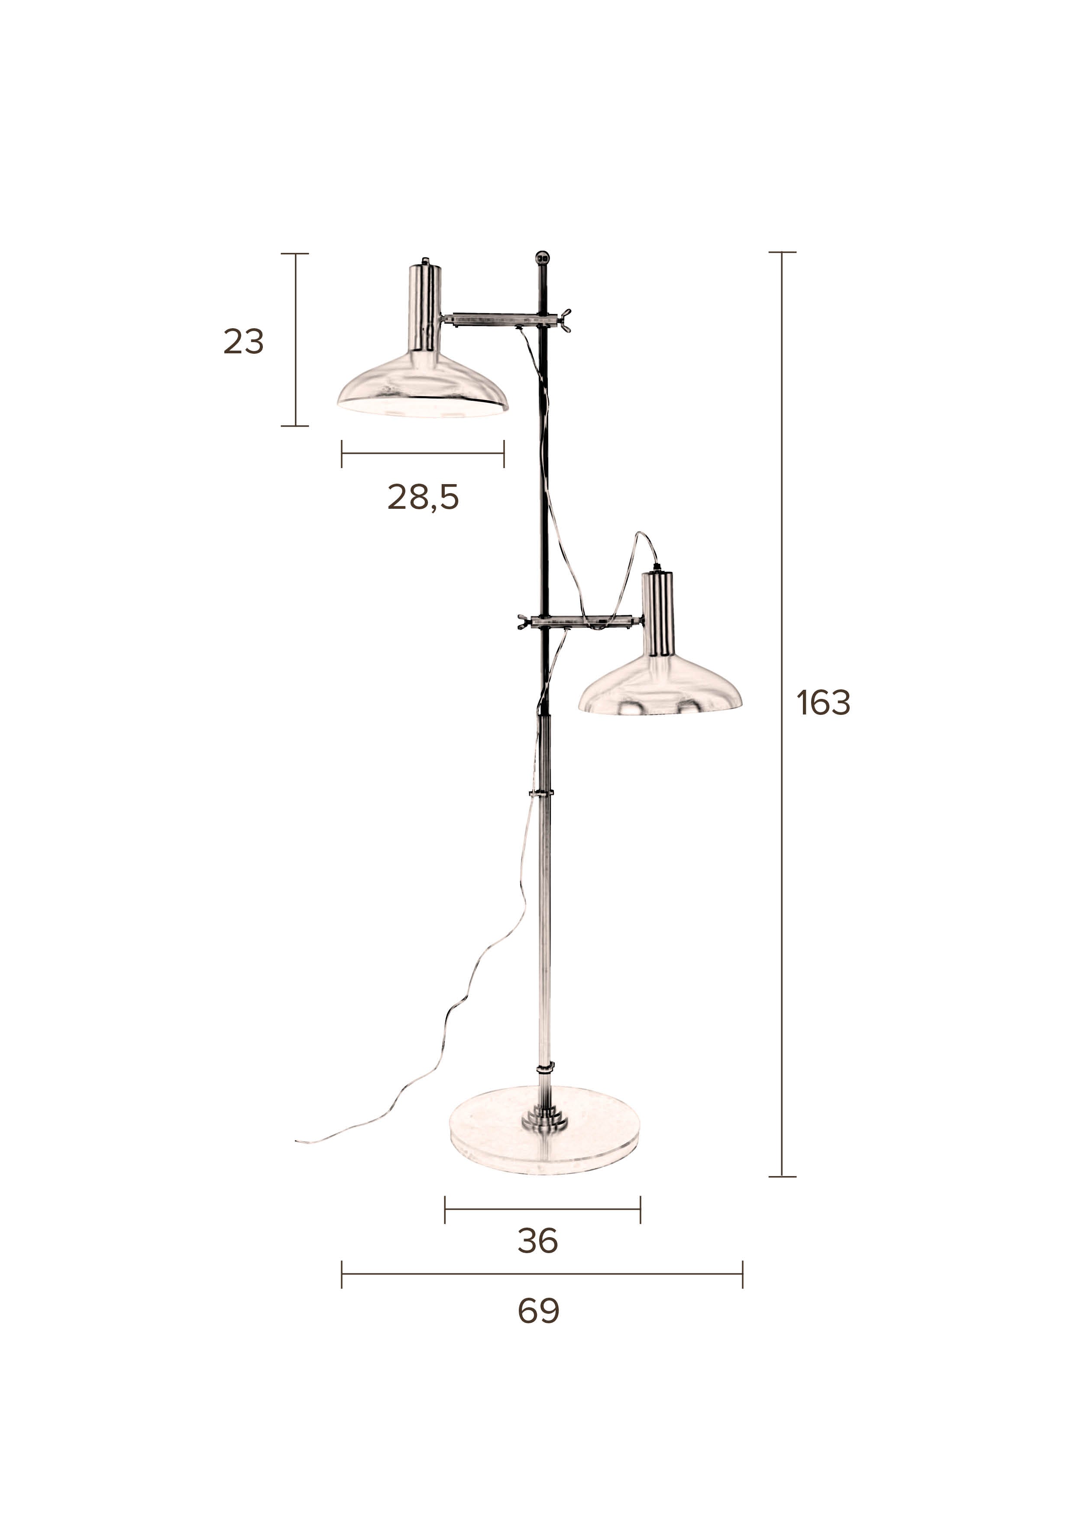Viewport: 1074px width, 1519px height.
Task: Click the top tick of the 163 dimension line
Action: (782, 252)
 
